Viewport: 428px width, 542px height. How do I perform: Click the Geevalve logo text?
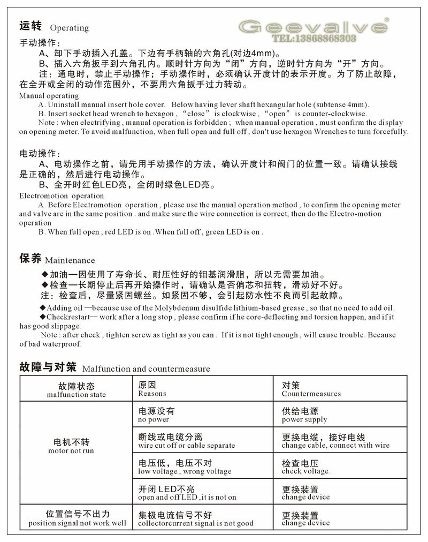point(313,26)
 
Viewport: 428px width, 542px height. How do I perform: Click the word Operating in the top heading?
point(70,28)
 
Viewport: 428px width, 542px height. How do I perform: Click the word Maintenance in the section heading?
point(70,261)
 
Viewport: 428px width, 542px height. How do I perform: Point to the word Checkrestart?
point(68,317)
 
